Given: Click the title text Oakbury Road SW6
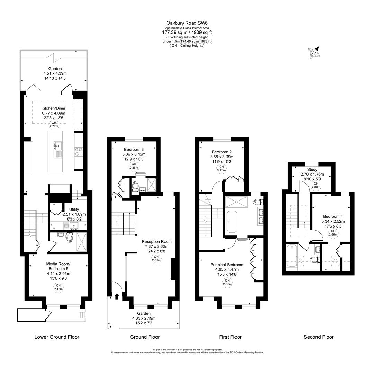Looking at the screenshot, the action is pos(187,23).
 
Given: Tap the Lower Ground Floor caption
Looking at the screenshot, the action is pos(57,337).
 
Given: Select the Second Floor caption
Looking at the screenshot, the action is pos(319,337).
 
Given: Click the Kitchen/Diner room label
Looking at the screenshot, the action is pos(54,108).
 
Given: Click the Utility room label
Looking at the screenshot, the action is pos(74,210).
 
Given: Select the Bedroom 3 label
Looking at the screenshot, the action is pos(133,149).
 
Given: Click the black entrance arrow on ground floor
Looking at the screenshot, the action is pos(116,296).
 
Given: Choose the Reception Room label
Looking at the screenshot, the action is pos(157,242).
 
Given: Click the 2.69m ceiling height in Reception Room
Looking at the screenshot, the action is pos(157,258).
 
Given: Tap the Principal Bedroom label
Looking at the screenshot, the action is pos(227,265).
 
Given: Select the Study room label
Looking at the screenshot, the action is pos(312,170).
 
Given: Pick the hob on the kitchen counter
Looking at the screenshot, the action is pos(78,152).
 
